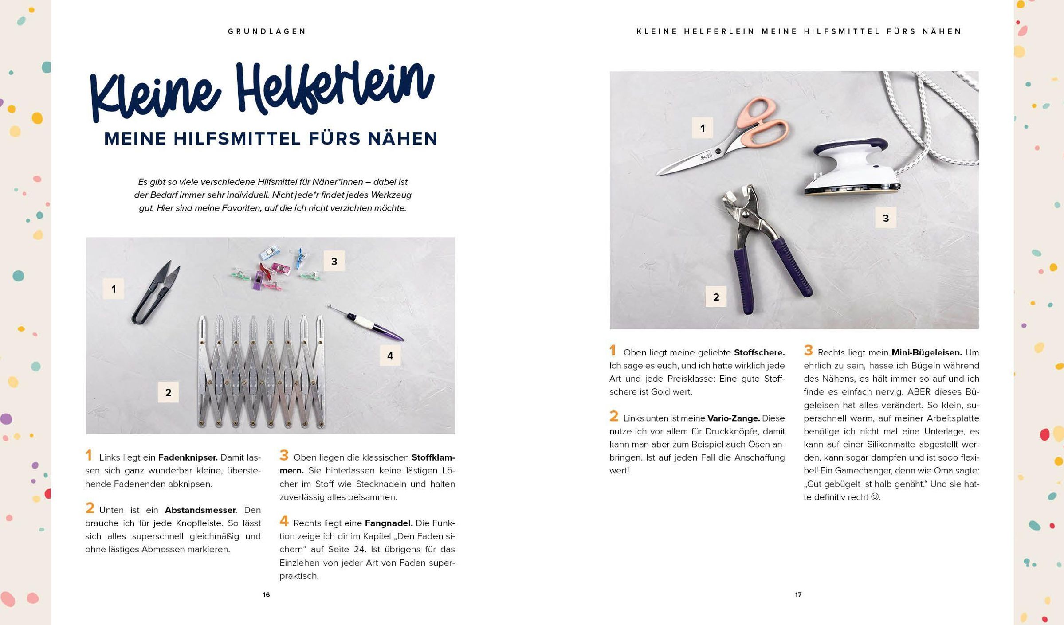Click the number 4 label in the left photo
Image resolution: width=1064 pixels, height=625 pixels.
390,356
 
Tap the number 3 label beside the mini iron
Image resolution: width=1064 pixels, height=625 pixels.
886,218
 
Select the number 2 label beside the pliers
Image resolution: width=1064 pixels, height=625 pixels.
716,297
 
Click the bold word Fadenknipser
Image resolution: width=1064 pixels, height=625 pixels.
188,457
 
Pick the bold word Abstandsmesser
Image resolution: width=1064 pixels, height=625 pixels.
201,510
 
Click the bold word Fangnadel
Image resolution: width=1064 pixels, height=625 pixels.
389,523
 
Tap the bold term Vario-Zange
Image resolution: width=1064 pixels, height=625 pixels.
734,418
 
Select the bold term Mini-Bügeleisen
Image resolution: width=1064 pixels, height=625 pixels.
927,353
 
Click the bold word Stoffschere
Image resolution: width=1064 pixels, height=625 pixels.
759,353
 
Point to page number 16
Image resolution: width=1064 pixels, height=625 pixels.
266,595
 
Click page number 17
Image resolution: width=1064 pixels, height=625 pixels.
798,595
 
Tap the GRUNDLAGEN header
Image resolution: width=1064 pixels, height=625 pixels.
267,31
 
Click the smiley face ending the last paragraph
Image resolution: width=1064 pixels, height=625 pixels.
875,497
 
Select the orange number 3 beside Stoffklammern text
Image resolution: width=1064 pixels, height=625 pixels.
284,455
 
